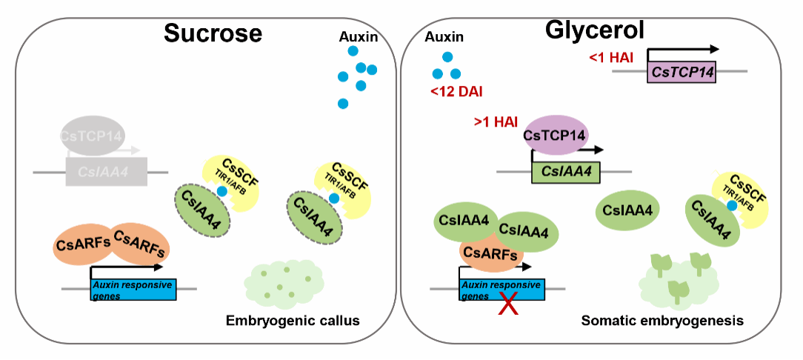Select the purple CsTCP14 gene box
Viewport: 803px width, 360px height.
point(682,73)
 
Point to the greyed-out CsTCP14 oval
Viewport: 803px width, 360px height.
point(93,136)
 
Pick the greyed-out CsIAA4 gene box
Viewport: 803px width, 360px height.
point(107,173)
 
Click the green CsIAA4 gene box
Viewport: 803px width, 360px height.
point(566,173)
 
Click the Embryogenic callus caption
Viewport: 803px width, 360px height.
point(293,321)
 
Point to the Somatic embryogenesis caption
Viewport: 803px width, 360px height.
point(662,321)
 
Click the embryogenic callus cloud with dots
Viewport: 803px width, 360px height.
point(284,280)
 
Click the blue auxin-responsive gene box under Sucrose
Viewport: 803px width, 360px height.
point(133,290)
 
